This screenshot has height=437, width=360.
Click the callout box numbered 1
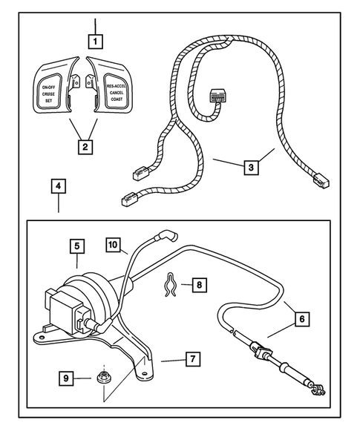coord(96,39)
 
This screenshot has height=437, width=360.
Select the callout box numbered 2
coord(86,146)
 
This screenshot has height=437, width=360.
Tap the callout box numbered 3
coord(252,168)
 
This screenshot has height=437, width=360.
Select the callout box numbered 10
coord(112,244)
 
